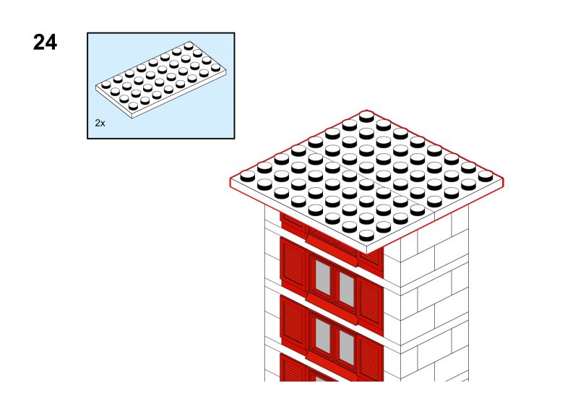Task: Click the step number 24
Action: (x=45, y=42)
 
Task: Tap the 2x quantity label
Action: (x=100, y=123)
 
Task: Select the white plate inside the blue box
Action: (x=160, y=79)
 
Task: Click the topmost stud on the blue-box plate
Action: (x=189, y=46)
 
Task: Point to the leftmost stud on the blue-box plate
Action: (x=106, y=85)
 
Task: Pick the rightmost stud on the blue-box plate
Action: (x=215, y=67)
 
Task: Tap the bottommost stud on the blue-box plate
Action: (x=134, y=106)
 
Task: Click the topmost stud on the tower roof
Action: (x=366, y=116)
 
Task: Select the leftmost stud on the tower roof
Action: (x=248, y=176)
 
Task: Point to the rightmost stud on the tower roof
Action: (x=485, y=176)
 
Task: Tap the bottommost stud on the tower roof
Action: (x=366, y=236)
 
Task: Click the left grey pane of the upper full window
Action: (x=322, y=277)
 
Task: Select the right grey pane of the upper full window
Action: (x=347, y=289)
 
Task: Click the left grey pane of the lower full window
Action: (x=322, y=335)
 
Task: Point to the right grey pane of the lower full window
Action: (x=347, y=348)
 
